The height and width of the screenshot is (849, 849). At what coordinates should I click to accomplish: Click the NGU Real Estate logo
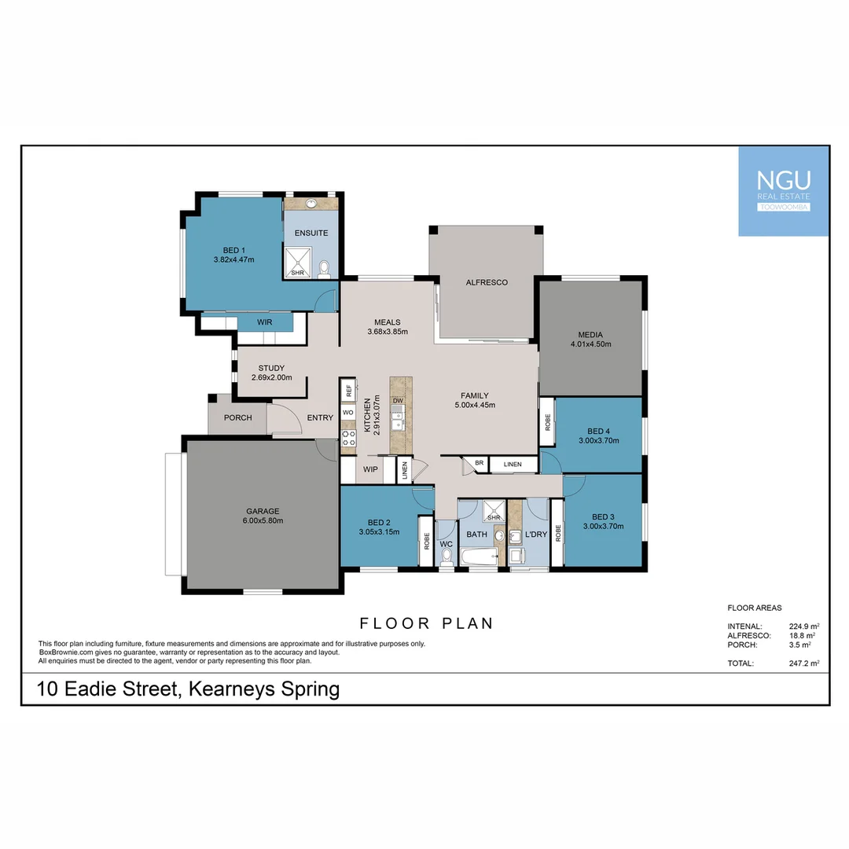[783, 191]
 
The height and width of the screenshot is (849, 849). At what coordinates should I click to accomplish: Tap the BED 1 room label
[233, 250]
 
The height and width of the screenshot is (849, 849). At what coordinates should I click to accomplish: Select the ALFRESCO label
[486, 282]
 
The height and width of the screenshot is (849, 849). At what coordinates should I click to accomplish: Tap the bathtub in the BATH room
[478, 557]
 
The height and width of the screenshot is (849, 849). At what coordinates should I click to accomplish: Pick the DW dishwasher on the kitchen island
[398, 401]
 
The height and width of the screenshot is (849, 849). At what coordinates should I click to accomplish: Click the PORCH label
[237, 417]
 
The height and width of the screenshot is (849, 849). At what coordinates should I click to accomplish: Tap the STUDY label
[271, 368]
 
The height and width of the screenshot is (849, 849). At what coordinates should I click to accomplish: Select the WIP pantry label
[369, 469]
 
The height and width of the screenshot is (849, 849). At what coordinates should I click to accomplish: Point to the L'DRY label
[535, 535]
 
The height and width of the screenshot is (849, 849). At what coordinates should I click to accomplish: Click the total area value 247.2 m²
[803, 663]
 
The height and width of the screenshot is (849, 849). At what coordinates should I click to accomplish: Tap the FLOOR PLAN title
[426, 623]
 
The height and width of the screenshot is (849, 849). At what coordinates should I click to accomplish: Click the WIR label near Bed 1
[264, 322]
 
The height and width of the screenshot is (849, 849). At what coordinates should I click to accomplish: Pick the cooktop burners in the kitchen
[348, 439]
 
